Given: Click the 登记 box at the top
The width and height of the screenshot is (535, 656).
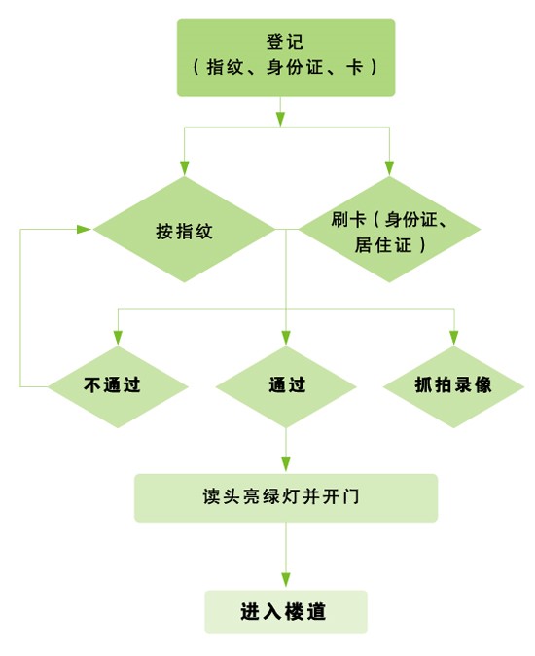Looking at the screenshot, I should [286, 57].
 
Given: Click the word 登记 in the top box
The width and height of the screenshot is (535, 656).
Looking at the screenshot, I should [286, 43].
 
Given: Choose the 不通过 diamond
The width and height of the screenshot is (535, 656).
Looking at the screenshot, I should [118, 385].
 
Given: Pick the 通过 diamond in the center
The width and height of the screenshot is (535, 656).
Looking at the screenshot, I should [286, 385].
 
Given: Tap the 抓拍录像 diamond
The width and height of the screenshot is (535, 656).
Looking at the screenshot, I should [453, 385].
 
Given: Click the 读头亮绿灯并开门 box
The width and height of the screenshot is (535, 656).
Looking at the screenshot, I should [286, 497].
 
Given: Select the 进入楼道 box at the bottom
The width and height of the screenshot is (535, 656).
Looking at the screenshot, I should [286, 612].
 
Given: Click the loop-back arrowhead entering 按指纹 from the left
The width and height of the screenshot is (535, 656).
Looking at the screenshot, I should [85, 230].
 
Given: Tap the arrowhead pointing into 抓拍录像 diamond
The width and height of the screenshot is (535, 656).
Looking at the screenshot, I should [453, 338].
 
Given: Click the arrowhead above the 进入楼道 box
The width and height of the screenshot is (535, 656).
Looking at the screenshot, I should [286, 582].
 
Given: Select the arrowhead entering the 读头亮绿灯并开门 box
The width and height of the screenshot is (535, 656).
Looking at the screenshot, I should [286, 466].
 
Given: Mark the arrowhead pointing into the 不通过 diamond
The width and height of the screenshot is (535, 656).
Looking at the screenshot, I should [118, 338].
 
